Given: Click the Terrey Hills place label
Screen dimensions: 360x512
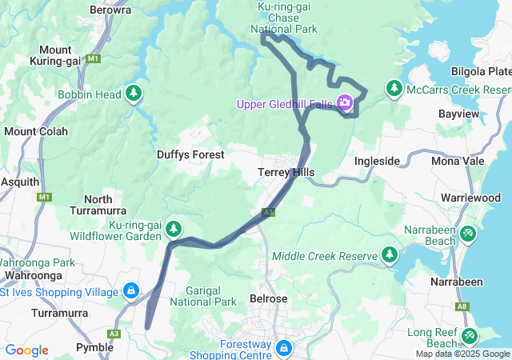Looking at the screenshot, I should [286, 172].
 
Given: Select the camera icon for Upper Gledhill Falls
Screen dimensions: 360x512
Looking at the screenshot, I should [345, 102].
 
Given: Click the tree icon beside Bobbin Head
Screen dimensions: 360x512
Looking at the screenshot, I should [134, 94].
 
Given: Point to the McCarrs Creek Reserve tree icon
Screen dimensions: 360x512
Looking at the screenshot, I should [394, 88].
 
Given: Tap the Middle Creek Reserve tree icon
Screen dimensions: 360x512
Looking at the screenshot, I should [390, 254].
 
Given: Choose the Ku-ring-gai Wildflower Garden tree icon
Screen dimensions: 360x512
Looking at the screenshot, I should [173, 230].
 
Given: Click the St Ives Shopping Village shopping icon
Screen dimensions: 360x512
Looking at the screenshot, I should [130, 291].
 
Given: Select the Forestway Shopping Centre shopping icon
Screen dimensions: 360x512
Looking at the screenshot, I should [283, 348].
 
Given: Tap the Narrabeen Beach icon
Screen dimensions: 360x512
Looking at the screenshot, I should [469, 234].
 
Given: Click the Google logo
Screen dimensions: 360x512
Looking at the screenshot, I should [26, 350].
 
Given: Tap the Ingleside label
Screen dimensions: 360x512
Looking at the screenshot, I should [377, 161].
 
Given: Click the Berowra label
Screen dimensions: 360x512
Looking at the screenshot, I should [111, 10].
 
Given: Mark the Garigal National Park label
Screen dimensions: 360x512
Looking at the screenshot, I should [211, 295].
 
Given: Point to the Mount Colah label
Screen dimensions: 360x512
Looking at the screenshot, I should [30, 131].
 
